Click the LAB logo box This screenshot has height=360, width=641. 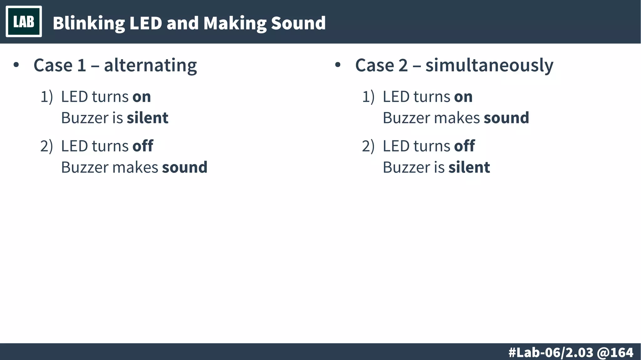24,22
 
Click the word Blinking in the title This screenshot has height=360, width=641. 89,23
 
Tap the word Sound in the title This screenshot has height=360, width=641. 298,23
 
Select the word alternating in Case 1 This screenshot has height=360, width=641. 150,65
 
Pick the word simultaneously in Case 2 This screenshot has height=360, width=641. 489,65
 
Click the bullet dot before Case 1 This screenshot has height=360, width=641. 16,65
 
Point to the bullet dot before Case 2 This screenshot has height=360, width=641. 337,65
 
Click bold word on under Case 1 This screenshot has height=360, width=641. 141,97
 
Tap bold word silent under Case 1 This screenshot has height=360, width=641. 147,118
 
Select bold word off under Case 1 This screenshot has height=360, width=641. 143,146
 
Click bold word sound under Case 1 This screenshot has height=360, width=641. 185,167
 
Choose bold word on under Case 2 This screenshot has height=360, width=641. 463,97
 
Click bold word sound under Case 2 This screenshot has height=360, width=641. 506,118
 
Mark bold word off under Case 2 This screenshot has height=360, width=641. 464,146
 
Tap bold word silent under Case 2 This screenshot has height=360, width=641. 469,167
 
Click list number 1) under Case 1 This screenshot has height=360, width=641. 47,97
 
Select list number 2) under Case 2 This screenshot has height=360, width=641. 368,146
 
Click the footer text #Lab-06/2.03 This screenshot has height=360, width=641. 551,352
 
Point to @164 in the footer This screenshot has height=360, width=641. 615,352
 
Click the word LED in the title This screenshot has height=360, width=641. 145,23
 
